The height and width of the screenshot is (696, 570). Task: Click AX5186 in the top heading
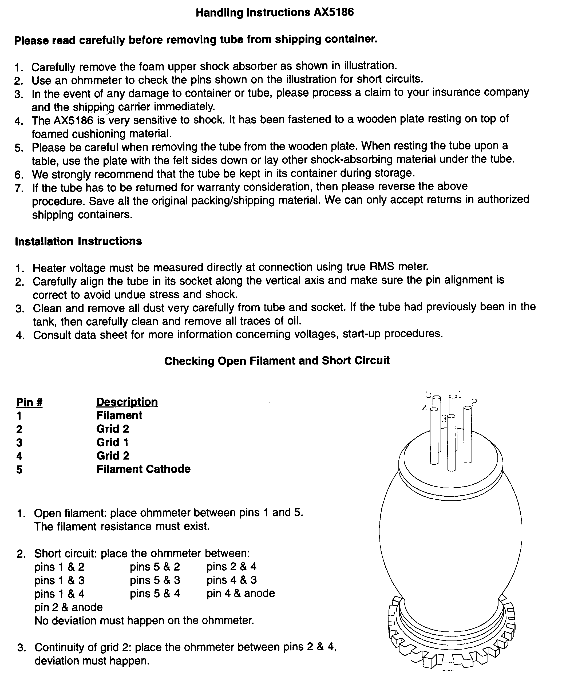click(x=334, y=13)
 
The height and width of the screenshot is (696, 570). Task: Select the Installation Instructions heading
click(x=78, y=241)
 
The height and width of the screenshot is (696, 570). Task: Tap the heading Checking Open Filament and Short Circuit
click(x=277, y=361)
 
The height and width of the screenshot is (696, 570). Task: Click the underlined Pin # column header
click(x=29, y=402)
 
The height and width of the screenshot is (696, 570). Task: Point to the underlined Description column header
click(x=127, y=402)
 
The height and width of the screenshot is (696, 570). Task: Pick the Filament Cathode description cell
click(x=143, y=469)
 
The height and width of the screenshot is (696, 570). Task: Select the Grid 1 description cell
click(x=112, y=442)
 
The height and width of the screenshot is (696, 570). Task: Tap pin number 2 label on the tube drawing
click(x=474, y=402)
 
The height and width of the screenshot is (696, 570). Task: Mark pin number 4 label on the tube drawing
click(x=425, y=409)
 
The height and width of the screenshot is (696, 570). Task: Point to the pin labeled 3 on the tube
click(x=452, y=443)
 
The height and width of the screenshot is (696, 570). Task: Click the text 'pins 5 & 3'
click(x=155, y=580)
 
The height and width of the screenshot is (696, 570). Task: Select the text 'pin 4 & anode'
click(x=241, y=593)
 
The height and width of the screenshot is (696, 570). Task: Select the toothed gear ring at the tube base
click(x=452, y=653)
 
